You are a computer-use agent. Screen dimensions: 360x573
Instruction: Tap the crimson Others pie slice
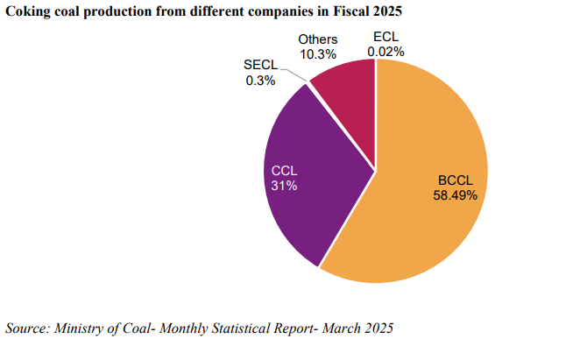(x=346, y=101)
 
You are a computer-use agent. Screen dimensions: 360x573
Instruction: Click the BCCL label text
(x=455, y=181)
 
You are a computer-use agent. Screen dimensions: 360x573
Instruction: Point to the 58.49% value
(x=455, y=195)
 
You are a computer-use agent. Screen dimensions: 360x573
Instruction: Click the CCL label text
(x=285, y=171)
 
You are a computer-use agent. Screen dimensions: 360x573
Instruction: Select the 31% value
(x=285, y=186)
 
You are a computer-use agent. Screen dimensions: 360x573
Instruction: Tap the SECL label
(x=260, y=66)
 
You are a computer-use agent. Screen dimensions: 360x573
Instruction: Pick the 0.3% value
(x=260, y=81)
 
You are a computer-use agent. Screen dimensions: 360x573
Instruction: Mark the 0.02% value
(x=386, y=53)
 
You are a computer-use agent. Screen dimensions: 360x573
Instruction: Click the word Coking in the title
(x=27, y=11)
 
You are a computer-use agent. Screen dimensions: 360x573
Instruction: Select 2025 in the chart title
(x=397, y=11)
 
